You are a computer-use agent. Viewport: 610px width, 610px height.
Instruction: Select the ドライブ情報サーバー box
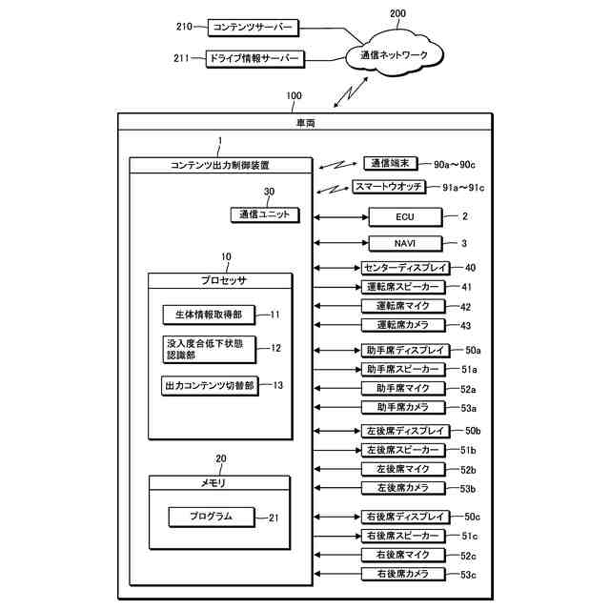(254, 59)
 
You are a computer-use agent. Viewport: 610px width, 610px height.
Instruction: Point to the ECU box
(404, 217)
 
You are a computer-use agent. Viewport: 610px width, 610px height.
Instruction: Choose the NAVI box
(404, 244)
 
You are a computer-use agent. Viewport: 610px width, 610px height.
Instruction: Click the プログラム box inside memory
(213, 517)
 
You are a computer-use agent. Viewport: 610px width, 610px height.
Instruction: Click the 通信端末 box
(390, 162)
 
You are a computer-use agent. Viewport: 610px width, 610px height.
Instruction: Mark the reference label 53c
(470, 574)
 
